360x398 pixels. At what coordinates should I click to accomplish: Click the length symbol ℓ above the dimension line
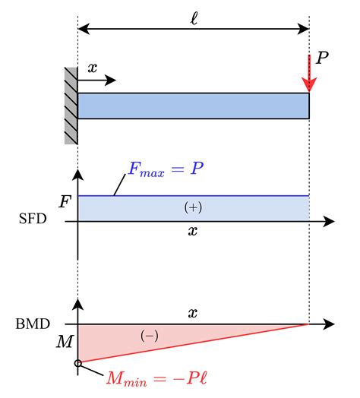194,19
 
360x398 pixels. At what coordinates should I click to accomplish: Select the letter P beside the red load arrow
322,58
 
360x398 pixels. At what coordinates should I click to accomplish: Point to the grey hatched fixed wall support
71,106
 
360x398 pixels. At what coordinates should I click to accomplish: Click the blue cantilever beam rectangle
194,106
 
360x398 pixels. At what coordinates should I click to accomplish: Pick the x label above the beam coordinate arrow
93,68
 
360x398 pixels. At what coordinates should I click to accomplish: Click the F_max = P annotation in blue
166,169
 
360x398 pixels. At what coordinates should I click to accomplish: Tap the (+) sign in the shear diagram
193,207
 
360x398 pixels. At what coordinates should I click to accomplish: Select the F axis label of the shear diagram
65,202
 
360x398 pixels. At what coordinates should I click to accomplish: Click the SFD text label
33,219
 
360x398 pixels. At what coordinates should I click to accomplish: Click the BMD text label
33,324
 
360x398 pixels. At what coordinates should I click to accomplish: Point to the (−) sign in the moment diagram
150,336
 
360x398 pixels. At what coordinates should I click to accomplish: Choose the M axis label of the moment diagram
65,342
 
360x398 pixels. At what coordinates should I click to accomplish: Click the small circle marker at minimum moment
78,363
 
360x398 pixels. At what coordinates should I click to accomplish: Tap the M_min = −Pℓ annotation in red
156,378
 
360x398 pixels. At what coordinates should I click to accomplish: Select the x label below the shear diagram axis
193,231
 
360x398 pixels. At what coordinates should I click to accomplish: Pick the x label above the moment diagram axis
193,313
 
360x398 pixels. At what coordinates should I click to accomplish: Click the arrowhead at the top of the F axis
77,175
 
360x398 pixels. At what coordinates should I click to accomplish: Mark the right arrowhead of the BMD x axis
329,324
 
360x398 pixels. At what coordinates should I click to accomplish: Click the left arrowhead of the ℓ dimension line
84,29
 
